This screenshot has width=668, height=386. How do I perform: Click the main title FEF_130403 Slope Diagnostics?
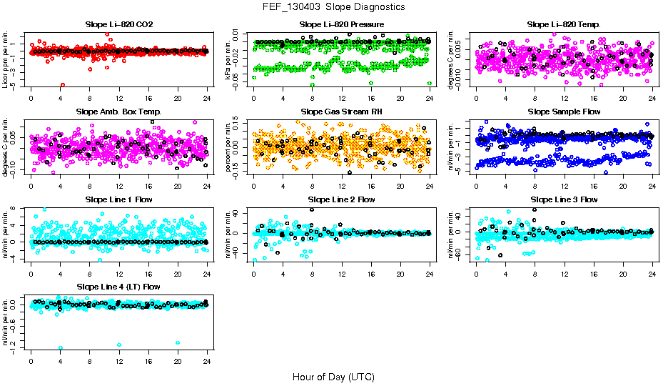[x=334, y=6]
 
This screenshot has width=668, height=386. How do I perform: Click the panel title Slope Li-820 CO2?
[x=119, y=24]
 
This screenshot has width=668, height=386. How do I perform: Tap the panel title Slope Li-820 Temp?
[x=564, y=24]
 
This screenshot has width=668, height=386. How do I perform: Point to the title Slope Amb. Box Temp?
[x=119, y=112]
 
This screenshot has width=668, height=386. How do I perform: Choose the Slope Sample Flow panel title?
[x=564, y=112]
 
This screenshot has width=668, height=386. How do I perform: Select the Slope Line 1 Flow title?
[x=119, y=199]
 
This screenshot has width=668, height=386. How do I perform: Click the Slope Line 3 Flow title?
[x=564, y=199]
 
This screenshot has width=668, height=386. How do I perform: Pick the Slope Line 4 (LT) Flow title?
[x=119, y=287]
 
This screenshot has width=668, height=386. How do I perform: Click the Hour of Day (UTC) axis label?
[x=333, y=376]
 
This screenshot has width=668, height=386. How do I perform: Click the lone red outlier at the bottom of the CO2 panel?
[x=63, y=84]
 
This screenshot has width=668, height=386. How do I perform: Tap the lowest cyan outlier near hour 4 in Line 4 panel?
[x=61, y=347]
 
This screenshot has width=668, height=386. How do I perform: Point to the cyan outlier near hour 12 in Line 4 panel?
[x=119, y=345]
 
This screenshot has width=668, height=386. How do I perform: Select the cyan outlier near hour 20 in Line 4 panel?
[x=178, y=342]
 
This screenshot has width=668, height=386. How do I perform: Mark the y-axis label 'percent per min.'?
[x=229, y=146]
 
